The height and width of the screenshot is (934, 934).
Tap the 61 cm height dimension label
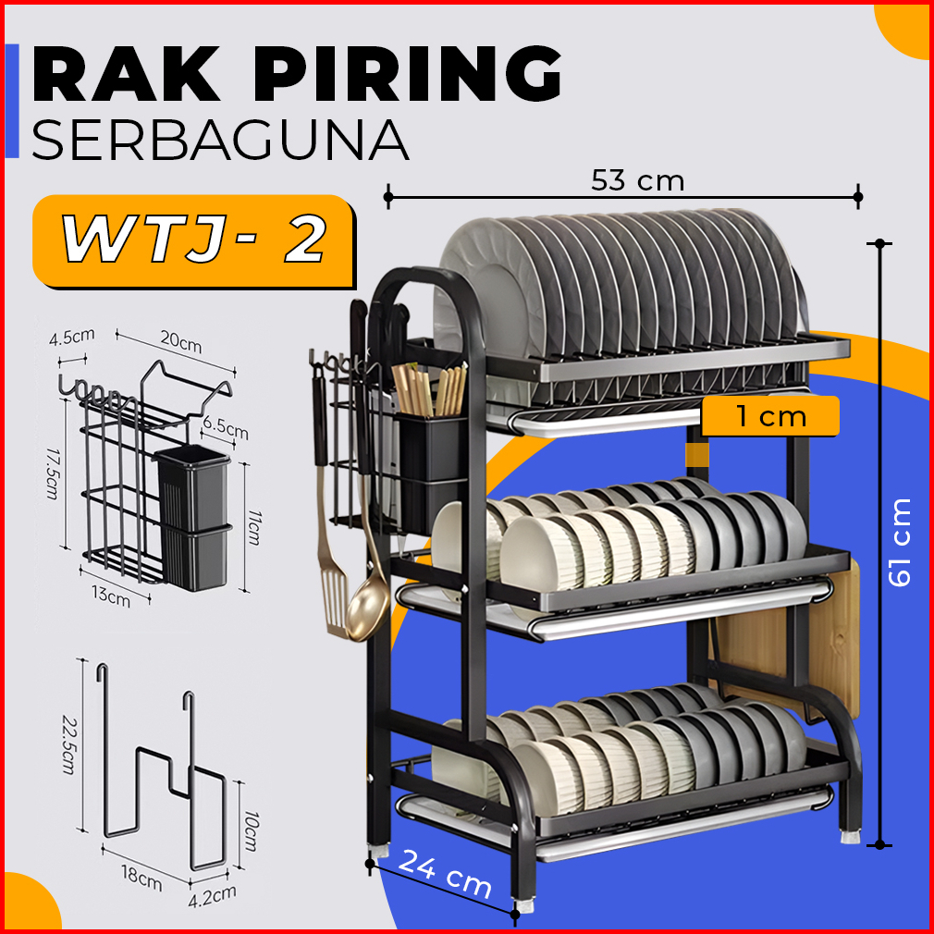tap(899, 542)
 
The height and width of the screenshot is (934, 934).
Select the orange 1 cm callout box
tap(770, 416)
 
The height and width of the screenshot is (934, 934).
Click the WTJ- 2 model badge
tap(194, 241)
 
